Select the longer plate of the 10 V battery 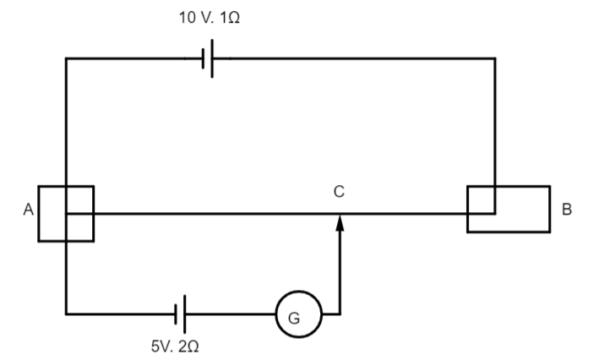point(211,58)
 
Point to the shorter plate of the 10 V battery point(202,58)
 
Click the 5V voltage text point(161,346)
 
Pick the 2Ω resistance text point(189,346)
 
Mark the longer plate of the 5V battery point(184,314)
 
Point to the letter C point(338,193)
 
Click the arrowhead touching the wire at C point(340,221)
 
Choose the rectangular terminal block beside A point(66,213)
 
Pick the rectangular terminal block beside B point(508,209)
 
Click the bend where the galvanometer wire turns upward point(340,314)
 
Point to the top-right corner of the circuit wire point(495,58)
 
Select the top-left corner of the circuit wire point(66,58)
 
